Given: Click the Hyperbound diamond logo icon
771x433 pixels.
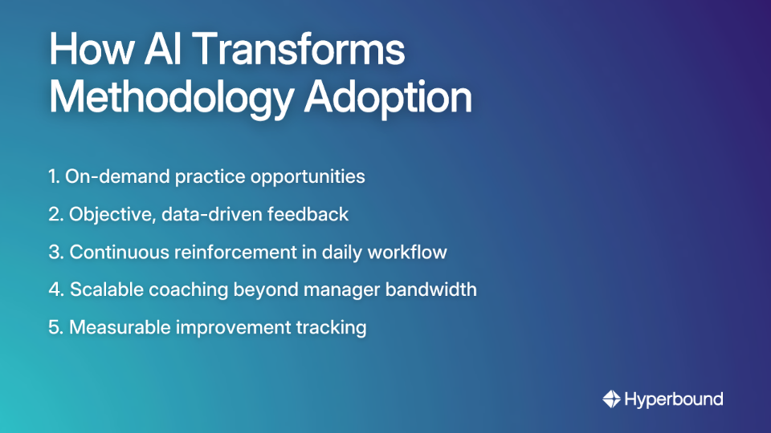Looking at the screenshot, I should pyautogui.click(x=611, y=399).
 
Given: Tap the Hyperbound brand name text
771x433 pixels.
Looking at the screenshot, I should pyautogui.click(x=674, y=399).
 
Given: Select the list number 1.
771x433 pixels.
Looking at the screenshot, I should pyautogui.click(x=53, y=176).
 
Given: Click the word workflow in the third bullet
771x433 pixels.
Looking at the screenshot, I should pyautogui.click(x=409, y=252).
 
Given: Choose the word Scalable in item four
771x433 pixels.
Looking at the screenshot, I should pyautogui.click(x=104, y=289).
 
